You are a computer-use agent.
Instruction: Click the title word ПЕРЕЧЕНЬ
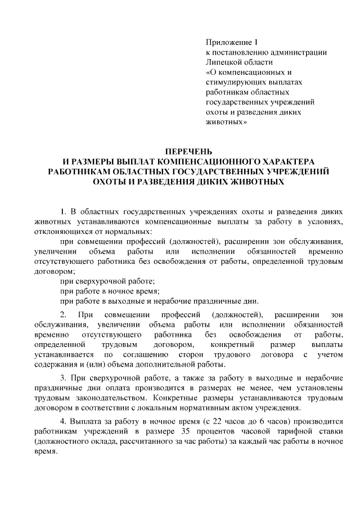(188, 151)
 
